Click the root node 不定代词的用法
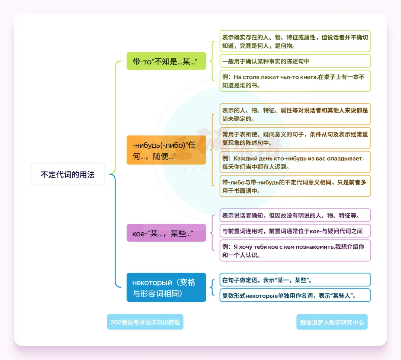click(68, 174)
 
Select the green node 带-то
click(166, 61)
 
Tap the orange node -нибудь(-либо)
click(166, 150)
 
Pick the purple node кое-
click(166, 233)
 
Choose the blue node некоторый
click(166, 287)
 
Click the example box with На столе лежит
click(295, 81)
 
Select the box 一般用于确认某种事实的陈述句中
click(295, 61)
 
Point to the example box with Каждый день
click(295, 162)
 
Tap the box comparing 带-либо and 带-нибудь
click(295, 186)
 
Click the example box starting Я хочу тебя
click(295, 251)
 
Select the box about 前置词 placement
click(295, 231)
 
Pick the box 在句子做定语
click(295, 280)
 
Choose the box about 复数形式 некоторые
click(295, 295)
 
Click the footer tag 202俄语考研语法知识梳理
click(145, 322)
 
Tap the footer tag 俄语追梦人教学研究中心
click(332, 322)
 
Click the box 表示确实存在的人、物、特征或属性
click(295, 41)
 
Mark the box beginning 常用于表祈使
click(295, 138)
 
